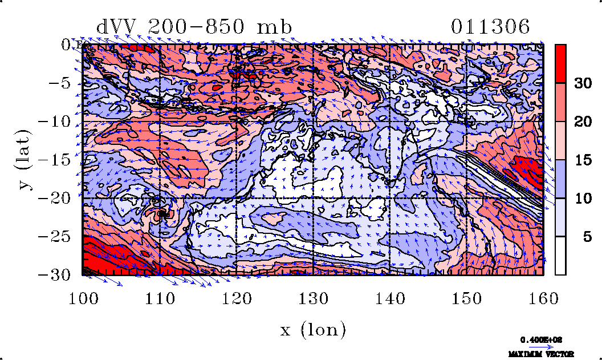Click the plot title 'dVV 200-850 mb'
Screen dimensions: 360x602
194,27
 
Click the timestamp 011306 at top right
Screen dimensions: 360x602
490,27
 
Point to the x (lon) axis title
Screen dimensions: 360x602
313,329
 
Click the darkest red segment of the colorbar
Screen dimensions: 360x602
560,63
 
